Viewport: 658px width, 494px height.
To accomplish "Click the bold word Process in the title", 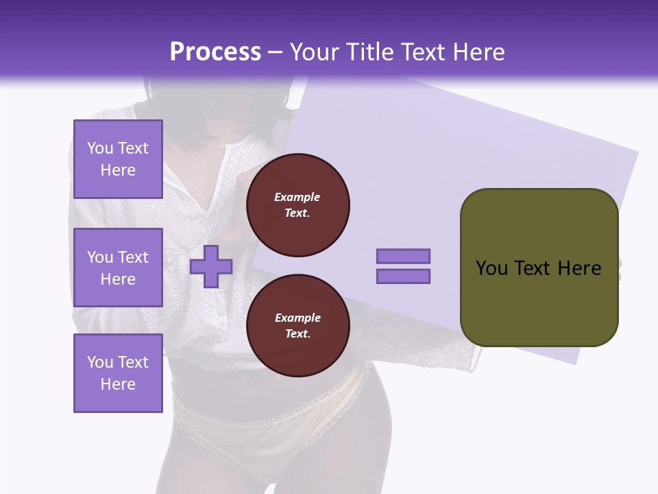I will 215,52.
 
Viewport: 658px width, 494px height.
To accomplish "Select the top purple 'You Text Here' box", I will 118,159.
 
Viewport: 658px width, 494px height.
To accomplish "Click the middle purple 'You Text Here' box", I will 118,268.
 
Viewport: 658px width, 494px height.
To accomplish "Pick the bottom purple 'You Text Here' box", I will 118,373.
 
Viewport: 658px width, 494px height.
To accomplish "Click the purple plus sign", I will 211,266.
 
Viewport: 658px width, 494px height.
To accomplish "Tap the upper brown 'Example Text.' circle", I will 297,205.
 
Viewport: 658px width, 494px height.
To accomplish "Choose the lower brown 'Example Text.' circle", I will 297,326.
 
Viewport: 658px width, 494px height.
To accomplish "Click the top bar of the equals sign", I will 403,256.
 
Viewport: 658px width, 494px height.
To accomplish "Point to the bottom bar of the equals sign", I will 403,277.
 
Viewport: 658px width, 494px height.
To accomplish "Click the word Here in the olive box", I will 579,268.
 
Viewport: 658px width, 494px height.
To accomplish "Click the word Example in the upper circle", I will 297,197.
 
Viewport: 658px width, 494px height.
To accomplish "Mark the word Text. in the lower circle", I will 297,334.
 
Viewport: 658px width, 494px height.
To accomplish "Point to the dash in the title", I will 276,53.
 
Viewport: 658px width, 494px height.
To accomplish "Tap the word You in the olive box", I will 491,268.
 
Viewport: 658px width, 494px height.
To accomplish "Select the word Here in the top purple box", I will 118,170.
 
